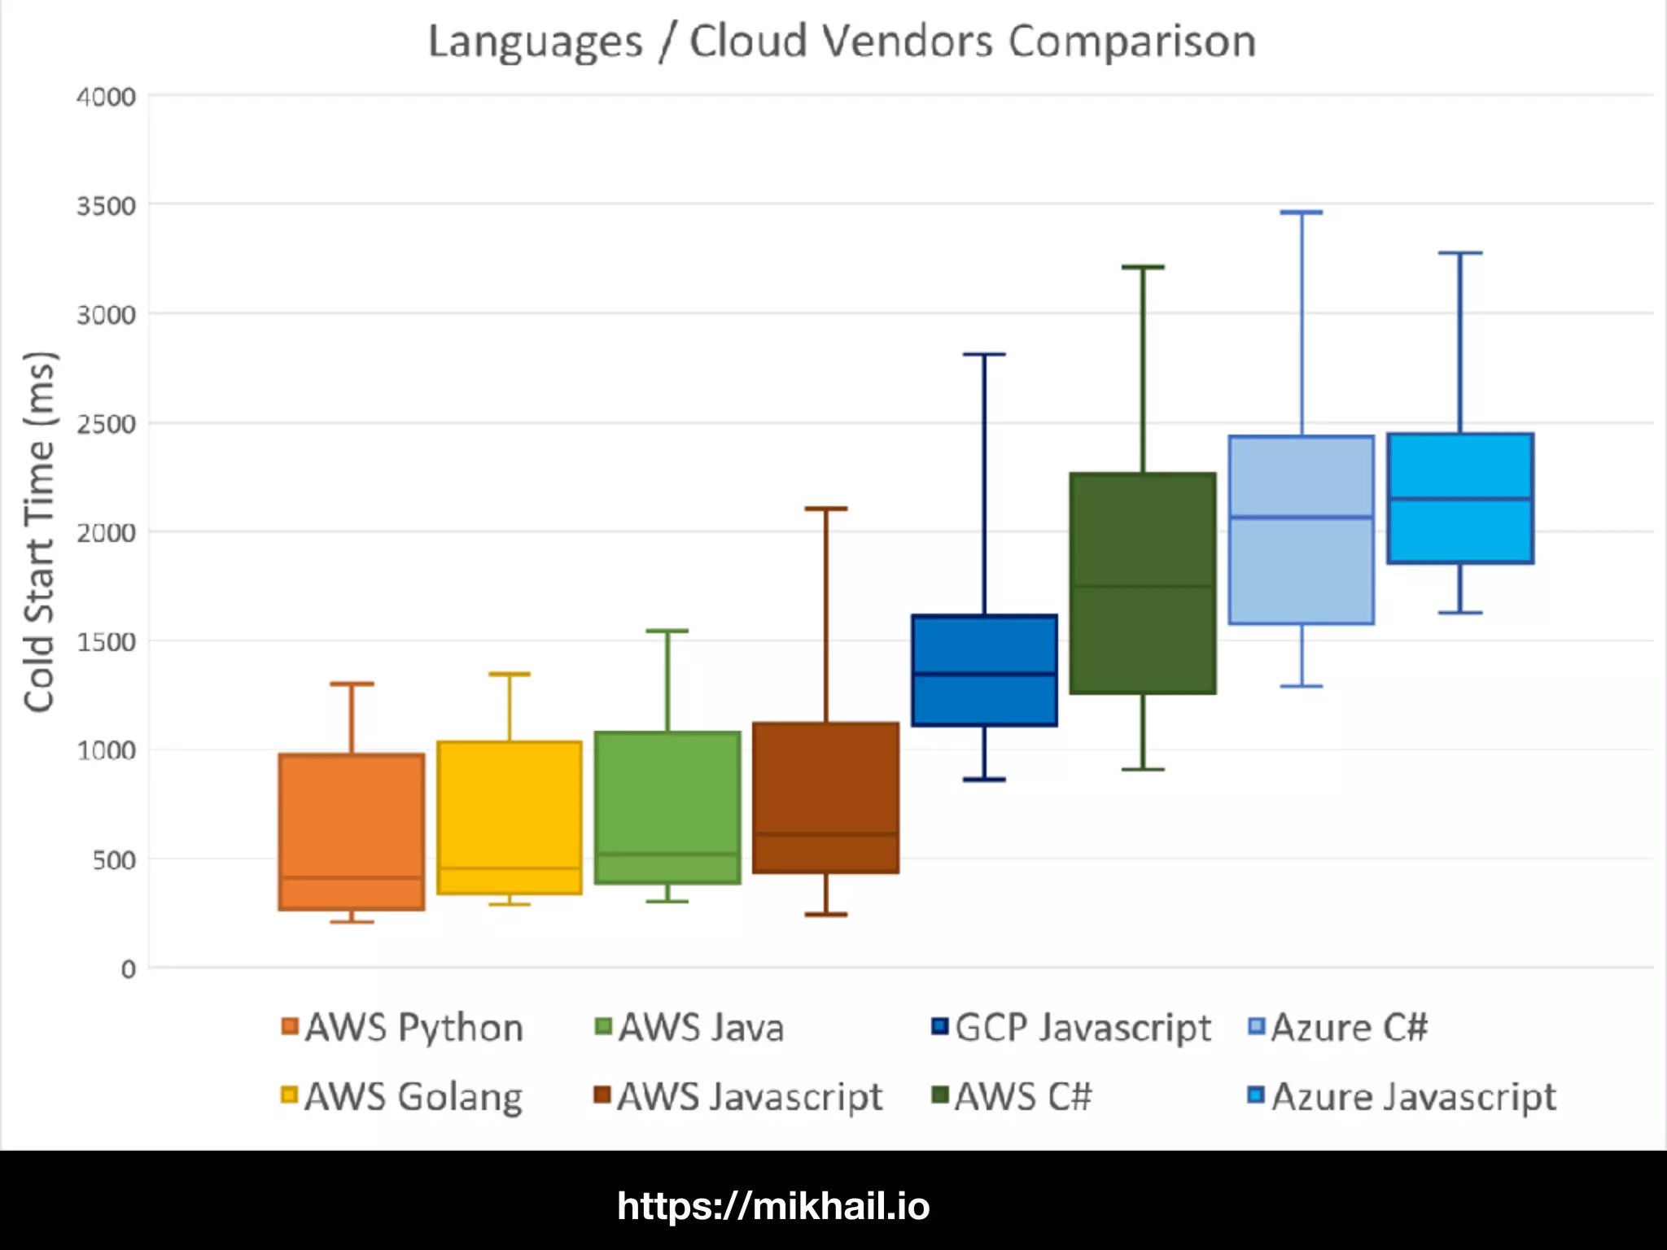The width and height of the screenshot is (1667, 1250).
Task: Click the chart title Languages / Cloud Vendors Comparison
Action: pyautogui.click(x=842, y=42)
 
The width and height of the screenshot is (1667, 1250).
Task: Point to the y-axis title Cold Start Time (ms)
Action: pyautogui.click(x=39, y=532)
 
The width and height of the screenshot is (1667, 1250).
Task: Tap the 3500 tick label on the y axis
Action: pyautogui.click(x=106, y=206)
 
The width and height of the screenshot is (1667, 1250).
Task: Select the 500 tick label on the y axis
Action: pyautogui.click(x=114, y=860)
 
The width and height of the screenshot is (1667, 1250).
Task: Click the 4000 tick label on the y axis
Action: pyautogui.click(x=106, y=97)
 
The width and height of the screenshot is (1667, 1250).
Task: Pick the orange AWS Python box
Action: pyautogui.click(x=352, y=831)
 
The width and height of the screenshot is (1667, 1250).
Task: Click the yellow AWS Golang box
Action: pyautogui.click(x=510, y=817)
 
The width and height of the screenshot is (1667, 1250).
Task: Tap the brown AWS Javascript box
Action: pyautogui.click(x=826, y=798)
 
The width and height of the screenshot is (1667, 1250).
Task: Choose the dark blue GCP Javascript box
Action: pyautogui.click(x=984, y=670)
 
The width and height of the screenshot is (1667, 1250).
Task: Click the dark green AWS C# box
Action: pyautogui.click(x=1143, y=583)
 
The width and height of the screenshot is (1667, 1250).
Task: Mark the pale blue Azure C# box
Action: pyautogui.click(x=1302, y=530)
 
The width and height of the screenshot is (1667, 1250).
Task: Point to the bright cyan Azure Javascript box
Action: pyautogui.click(x=1460, y=497)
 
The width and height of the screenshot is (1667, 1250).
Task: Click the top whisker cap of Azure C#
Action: pyautogui.click(x=1302, y=212)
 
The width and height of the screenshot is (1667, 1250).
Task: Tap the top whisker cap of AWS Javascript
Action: pyautogui.click(x=826, y=509)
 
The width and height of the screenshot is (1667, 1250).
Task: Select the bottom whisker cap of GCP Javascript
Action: pyautogui.click(x=984, y=780)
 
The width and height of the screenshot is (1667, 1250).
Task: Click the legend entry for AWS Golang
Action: pyautogui.click(x=402, y=1096)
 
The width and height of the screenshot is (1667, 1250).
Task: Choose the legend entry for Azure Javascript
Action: pyautogui.click(x=1402, y=1096)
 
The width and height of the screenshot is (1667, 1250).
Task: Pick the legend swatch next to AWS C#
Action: pyautogui.click(x=940, y=1095)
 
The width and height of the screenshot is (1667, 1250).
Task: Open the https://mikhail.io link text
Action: pyautogui.click(x=773, y=1206)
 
